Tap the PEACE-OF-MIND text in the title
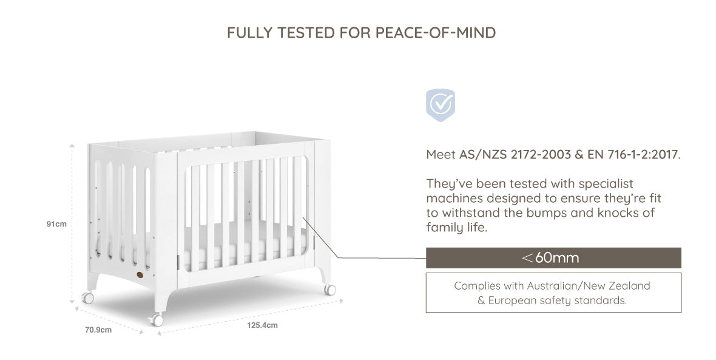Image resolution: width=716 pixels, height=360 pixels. click(x=436, y=33)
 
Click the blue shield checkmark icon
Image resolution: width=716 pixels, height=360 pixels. click(x=440, y=105)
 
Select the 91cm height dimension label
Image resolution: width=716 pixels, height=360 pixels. click(x=56, y=224)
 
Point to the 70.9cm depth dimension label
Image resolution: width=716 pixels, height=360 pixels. click(x=98, y=330)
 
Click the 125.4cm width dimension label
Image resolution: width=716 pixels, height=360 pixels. click(x=263, y=325)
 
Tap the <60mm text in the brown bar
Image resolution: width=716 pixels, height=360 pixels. click(x=550, y=257)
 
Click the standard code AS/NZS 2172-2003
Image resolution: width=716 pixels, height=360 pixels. click(x=515, y=154)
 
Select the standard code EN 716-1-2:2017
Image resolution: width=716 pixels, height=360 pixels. click(x=632, y=154)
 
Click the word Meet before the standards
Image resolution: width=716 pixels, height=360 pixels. click(x=441, y=154)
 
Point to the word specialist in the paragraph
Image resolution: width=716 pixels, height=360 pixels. click(x=606, y=184)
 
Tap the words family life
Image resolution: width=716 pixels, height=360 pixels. click(x=456, y=227)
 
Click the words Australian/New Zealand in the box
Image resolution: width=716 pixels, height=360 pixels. click(x=588, y=286)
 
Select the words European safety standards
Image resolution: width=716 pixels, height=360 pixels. click(x=557, y=301)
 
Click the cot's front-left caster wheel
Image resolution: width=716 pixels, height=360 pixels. click(x=156, y=319)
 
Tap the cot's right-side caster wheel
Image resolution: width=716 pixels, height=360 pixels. click(x=329, y=289)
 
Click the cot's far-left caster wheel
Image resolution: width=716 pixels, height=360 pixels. click(x=87, y=298)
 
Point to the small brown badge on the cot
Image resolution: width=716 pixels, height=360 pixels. click(x=140, y=274)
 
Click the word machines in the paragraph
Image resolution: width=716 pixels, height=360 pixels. click(x=454, y=199)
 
